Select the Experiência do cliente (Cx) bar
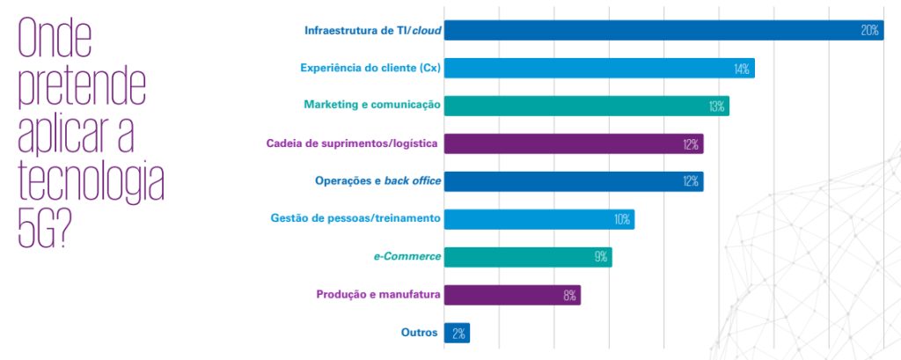click(598, 69)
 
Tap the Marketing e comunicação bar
click(586, 107)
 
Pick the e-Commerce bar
click(527, 257)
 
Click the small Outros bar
click(457, 334)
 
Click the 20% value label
click(869, 31)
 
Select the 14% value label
click(740, 69)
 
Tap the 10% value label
click(621, 220)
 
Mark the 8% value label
click(569, 296)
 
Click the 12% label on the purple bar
click(690, 144)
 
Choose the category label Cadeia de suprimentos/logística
click(353, 143)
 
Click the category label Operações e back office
click(377, 180)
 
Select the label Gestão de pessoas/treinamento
click(355, 218)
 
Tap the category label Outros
click(420, 333)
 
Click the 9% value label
click(601, 258)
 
